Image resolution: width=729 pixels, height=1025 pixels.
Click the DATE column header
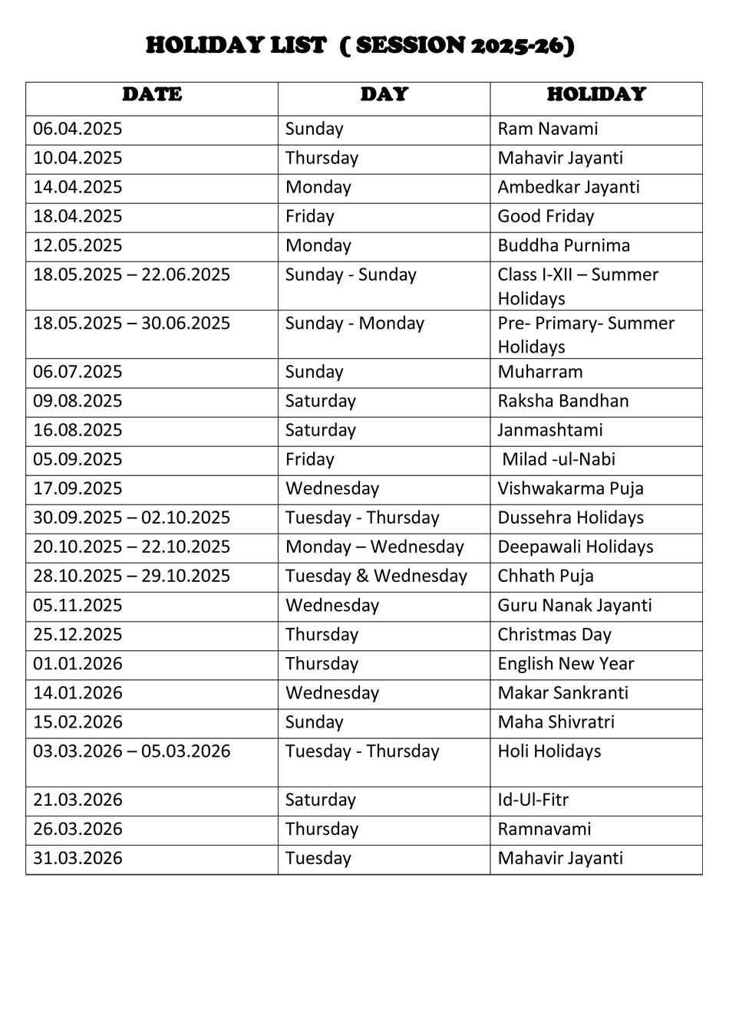(152, 95)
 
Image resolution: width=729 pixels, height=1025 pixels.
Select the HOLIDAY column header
(596, 95)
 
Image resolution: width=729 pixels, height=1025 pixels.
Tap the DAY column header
(384, 95)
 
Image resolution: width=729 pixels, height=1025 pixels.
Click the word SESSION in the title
(411, 46)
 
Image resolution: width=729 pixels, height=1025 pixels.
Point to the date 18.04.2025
(78, 216)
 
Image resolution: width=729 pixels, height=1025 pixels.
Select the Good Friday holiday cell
(546, 216)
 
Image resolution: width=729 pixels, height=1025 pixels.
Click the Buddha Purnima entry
(563, 245)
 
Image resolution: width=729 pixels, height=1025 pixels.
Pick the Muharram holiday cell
(539, 372)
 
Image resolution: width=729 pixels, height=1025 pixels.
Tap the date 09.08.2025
(78, 401)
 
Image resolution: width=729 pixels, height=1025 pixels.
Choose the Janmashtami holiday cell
(549, 430)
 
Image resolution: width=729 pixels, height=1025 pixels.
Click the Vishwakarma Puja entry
(570, 488)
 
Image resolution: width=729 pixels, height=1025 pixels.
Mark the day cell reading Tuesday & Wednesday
(376, 576)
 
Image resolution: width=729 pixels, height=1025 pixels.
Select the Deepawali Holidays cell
(575, 547)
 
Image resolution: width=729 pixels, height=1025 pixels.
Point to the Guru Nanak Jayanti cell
(574, 605)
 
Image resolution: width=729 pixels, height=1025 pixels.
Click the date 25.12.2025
(78, 634)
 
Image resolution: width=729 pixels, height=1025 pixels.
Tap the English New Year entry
(566, 663)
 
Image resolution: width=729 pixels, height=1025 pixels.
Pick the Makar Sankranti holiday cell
(562, 692)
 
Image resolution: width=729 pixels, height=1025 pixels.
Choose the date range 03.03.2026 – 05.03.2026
(131, 751)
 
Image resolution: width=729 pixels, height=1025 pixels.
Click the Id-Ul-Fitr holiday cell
(533, 800)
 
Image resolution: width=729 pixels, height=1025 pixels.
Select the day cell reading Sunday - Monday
(355, 324)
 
